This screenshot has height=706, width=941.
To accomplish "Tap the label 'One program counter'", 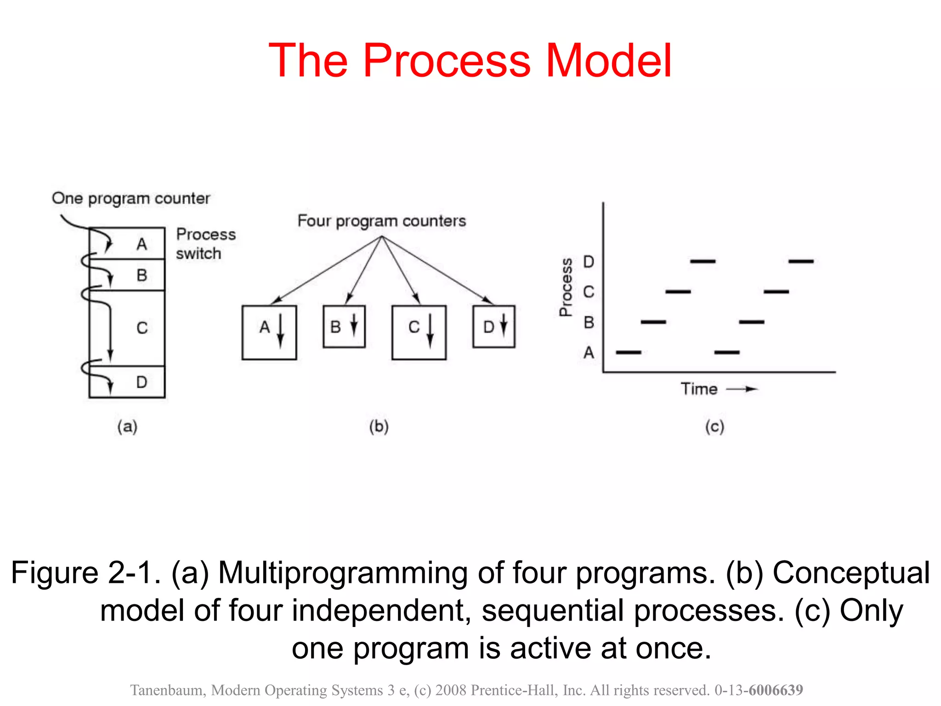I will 131,198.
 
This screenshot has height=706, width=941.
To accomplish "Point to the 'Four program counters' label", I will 381,221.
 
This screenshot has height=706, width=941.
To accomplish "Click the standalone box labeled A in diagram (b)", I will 269,332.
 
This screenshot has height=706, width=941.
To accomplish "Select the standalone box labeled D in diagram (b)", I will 493,327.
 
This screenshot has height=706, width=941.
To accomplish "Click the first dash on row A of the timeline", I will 628,353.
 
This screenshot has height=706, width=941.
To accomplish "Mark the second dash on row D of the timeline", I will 801,262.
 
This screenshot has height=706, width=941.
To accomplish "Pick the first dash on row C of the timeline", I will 678,292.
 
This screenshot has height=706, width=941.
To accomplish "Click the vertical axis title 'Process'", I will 566,287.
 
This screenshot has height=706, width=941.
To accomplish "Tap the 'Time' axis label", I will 699,389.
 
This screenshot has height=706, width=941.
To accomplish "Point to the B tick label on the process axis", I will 589,322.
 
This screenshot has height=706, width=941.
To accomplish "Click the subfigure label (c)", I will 714,427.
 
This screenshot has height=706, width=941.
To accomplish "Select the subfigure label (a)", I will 127,427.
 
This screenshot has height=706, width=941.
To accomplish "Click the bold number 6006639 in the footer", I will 776,690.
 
